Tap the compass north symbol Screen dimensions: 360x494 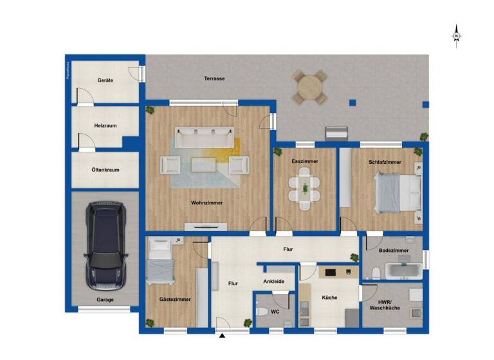click(456, 35)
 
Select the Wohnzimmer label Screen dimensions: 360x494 click(206, 203)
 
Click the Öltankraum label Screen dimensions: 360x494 click(105, 170)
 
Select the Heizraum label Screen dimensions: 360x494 click(105, 126)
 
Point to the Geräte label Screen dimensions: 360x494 click(105, 80)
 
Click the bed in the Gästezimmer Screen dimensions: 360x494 click(160, 264)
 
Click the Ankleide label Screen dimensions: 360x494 click(274, 282)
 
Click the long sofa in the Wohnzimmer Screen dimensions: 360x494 click(205, 136)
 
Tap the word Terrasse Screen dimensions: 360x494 click(214, 78)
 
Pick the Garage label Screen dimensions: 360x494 click(105, 300)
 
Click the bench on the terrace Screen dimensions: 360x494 click(338, 133)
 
